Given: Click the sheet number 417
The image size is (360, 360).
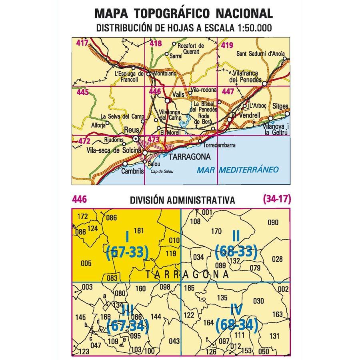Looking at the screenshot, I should pos(82,42).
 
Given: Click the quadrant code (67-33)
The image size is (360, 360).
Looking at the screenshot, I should pos(128,252).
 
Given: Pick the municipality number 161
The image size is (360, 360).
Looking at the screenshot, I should pos(139,230).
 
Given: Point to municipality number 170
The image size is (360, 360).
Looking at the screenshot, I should pos(216,231).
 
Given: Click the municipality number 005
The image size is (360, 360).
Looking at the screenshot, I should pos(86,263).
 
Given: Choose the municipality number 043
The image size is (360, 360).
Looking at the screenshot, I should pos(174,341).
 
